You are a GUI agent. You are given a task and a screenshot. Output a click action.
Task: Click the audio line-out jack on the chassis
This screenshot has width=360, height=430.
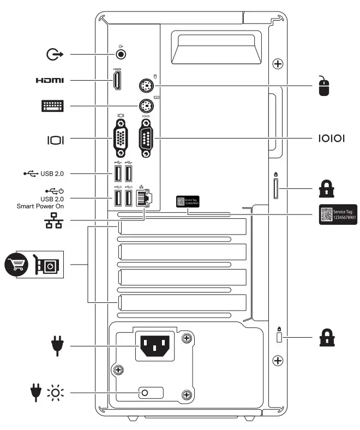121,54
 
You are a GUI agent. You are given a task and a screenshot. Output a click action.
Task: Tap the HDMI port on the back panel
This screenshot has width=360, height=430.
117,81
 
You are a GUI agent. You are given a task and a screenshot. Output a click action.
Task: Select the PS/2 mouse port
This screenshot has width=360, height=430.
146,85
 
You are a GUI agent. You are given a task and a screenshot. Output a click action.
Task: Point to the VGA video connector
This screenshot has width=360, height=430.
121,139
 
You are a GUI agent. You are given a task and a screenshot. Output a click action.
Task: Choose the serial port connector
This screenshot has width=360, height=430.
146,139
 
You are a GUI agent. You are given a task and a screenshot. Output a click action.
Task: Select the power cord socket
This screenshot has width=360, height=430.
155,345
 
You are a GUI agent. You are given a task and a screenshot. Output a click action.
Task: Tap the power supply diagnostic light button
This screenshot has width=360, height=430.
146,393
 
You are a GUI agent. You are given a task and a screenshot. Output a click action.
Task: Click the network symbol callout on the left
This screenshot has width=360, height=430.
53,220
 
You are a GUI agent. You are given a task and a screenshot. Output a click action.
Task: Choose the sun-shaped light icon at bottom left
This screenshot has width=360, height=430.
55,393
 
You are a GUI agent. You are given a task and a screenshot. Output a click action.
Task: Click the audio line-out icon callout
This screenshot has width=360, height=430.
55,54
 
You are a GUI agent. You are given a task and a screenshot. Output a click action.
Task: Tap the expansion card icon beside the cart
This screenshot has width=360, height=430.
47,264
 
